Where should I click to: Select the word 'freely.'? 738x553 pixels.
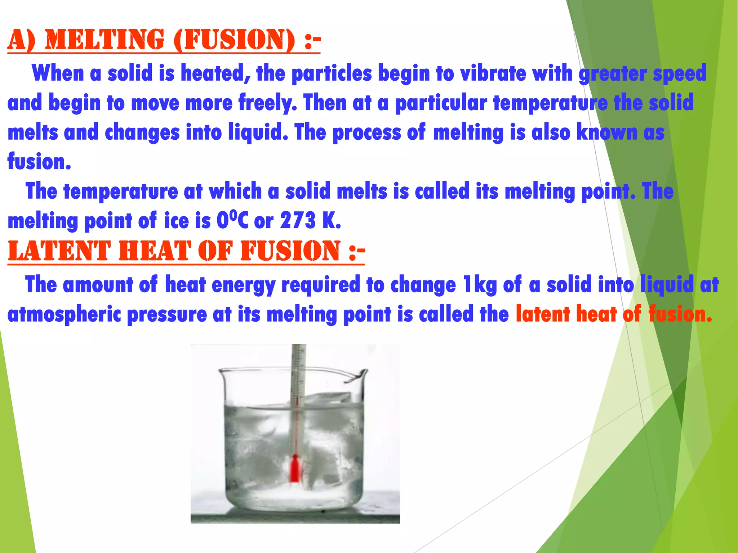point(268,103)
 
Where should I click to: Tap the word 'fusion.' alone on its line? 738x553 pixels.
point(39,162)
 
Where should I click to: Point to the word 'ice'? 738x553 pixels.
point(176,220)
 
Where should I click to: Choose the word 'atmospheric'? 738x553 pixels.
point(64,314)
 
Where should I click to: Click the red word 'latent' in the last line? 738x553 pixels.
point(542,314)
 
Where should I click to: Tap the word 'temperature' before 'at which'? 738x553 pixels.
point(120,192)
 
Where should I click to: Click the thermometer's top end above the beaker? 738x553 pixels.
point(299,349)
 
